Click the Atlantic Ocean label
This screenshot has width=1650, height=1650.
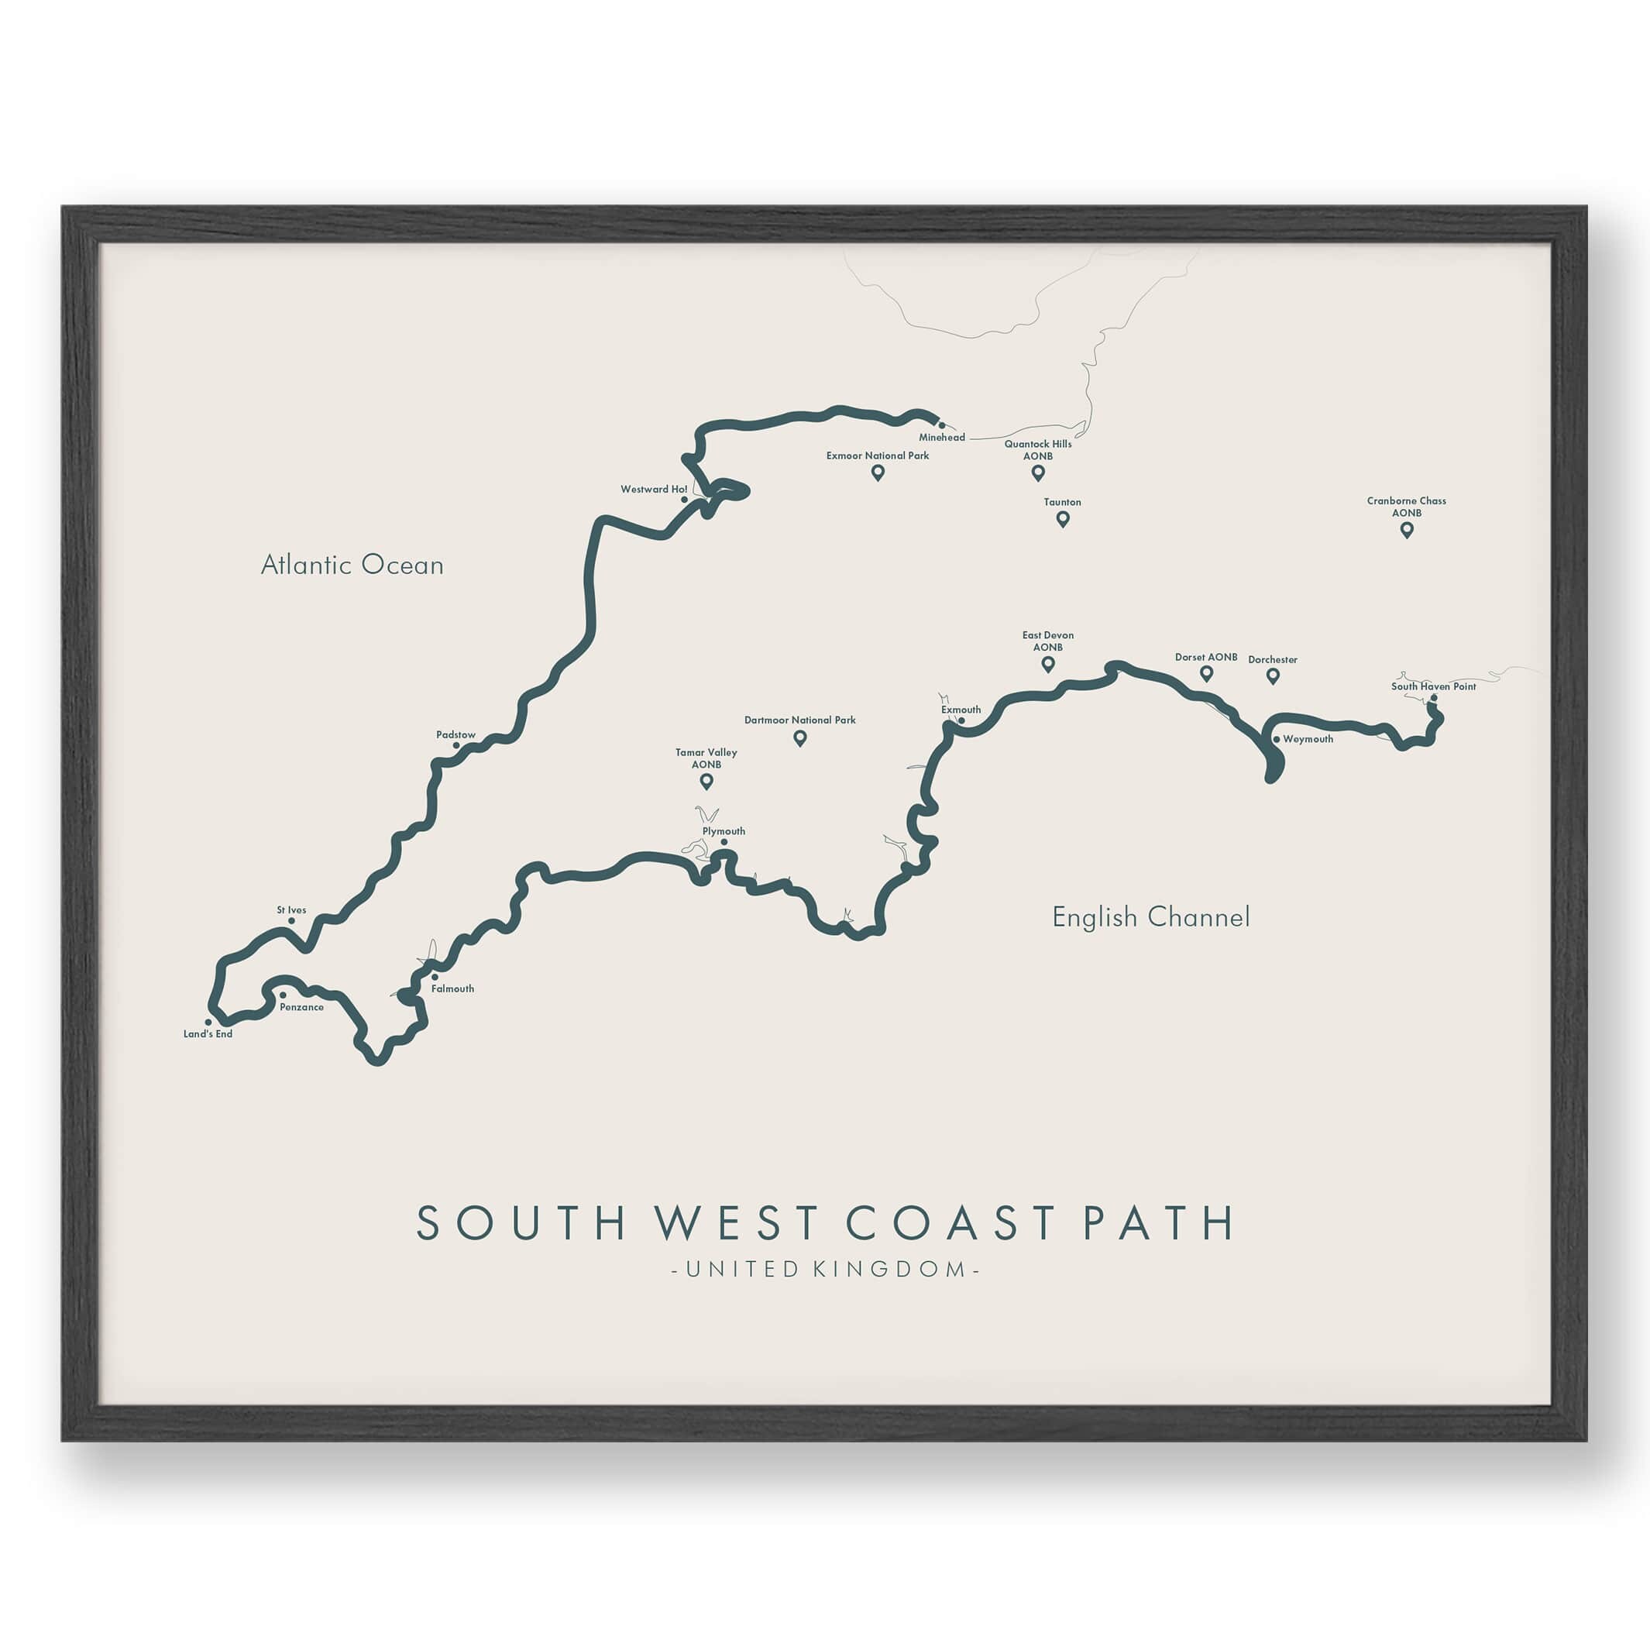click(352, 565)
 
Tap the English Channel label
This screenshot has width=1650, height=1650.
click(1150, 917)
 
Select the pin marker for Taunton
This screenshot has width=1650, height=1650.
click(1062, 518)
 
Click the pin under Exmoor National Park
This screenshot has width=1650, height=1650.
click(877, 473)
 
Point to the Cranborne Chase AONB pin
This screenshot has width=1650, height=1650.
click(1407, 530)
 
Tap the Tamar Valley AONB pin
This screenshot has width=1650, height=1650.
click(706, 781)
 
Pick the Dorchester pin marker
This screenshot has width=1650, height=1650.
click(1273, 676)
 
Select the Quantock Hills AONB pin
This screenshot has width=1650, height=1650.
click(1038, 473)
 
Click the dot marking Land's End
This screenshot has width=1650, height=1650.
click(208, 1022)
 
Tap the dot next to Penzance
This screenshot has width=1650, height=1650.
click(283, 995)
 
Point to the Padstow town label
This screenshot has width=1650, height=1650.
click(455, 734)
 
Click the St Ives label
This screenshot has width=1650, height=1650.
click(291, 910)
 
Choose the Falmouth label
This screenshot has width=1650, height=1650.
click(452, 989)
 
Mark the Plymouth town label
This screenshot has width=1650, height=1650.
click(724, 831)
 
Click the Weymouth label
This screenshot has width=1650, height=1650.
click(1308, 740)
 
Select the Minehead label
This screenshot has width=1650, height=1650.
click(942, 437)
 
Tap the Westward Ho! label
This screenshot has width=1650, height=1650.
click(653, 490)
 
